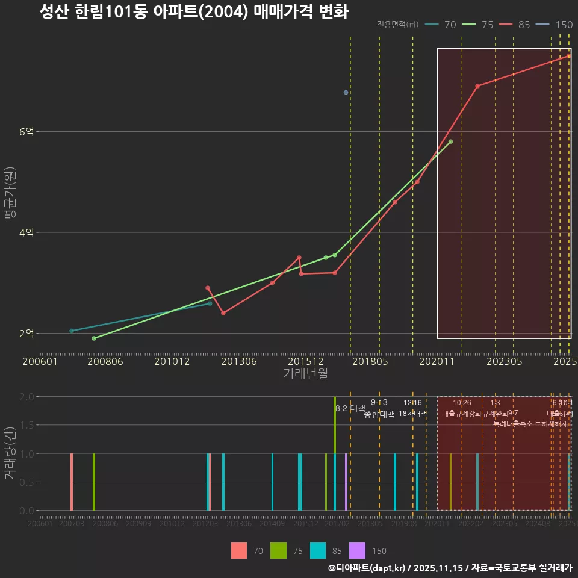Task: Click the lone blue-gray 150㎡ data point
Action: (346, 92)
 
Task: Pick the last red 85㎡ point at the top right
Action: (568, 56)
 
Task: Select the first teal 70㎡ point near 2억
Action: (72, 331)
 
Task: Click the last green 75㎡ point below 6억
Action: (450, 141)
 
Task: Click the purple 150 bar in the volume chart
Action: (346, 482)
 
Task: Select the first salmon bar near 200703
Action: (72, 482)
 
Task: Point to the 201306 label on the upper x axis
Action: (240, 361)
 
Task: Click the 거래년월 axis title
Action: (305, 374)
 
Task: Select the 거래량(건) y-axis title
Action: (10, 453)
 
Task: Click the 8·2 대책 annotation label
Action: (350, 408)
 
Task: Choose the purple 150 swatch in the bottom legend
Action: (357, 550)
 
